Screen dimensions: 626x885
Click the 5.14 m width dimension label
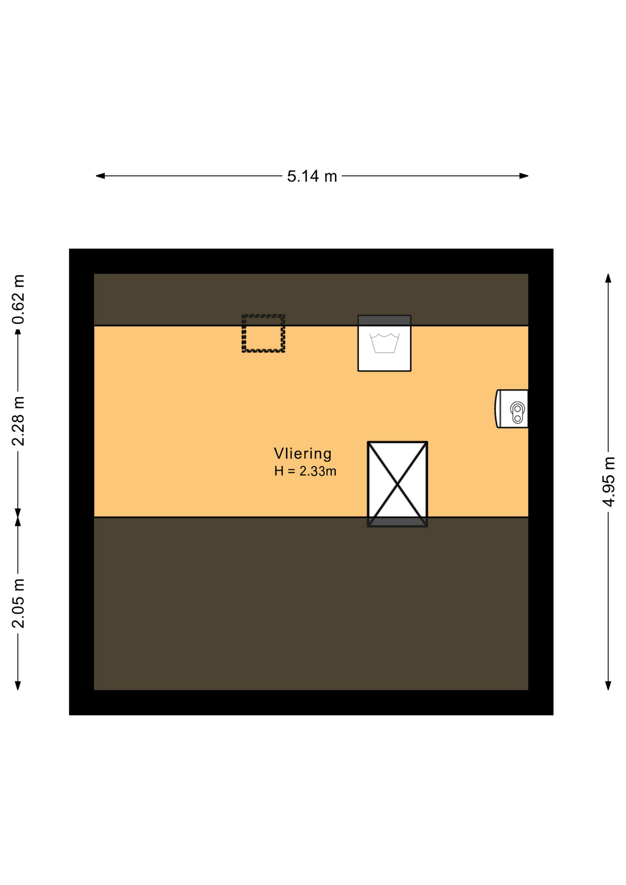[312, 176]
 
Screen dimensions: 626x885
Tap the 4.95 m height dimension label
[608, 481]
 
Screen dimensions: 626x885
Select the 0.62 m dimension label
[18, 299]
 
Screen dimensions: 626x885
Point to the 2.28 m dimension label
[18, 421]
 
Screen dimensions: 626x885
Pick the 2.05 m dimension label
[18, 603]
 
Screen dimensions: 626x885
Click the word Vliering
[303, 454]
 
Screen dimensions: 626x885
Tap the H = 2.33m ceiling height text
[305, 471]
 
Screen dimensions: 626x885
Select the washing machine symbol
[384, 343]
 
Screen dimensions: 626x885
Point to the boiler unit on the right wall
[512, 408]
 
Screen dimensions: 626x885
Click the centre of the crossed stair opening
[397, 484]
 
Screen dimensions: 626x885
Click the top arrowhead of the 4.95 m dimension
[608, 278]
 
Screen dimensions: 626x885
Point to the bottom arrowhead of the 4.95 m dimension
[608, 685]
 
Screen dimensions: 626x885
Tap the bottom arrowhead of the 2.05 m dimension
[18, 685]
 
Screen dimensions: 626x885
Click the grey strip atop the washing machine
[384, 320]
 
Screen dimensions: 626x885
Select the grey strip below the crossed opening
[397, 522]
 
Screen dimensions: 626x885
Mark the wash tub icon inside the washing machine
[384, 343]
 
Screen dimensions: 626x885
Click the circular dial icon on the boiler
[518, 413]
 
